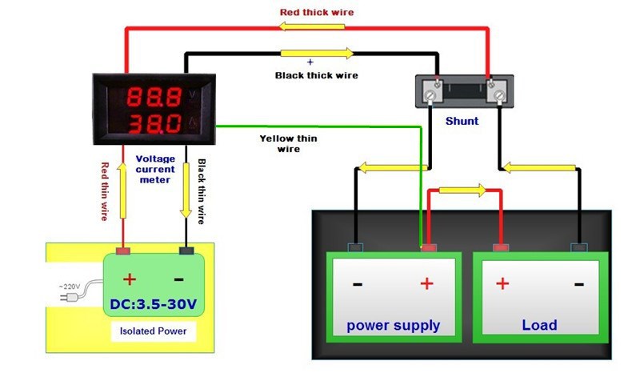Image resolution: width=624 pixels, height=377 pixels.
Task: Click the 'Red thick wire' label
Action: (316, 12)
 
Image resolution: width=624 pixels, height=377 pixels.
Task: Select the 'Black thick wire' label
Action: (316, 75)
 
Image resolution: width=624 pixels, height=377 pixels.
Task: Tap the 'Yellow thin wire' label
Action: (288, 143)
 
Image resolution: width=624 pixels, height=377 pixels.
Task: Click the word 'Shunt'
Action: (462, 121)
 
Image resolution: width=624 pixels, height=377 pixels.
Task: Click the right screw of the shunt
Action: (500, 95)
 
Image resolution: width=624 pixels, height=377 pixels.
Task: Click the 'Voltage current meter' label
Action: (154, 169)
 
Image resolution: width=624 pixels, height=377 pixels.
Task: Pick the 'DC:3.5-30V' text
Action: (154, 306)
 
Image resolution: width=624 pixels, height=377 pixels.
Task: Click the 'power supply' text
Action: (393, 325)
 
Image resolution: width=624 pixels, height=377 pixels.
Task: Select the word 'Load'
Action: (539, 325)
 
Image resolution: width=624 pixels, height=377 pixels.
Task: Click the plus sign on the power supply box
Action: (426, 283)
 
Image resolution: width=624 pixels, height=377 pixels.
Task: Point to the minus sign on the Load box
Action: (578, 283)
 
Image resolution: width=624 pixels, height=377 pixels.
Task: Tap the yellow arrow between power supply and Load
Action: (462, 191)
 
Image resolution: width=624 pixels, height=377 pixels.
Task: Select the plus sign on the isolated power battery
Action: (128, 279)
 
